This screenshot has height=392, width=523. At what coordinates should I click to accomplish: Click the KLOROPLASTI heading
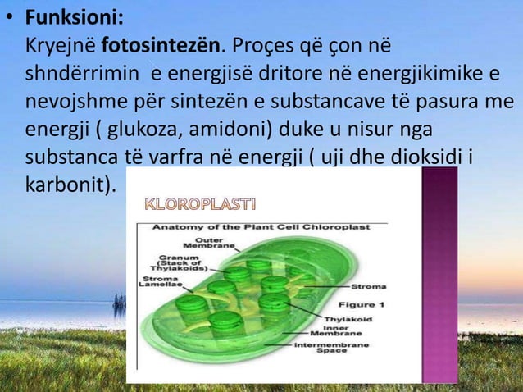tap(201, 203)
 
